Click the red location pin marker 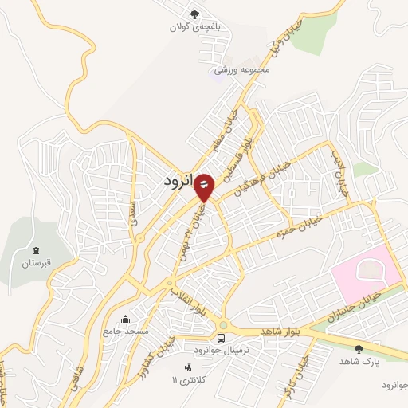204,187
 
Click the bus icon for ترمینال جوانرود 221,339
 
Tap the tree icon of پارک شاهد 358,348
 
